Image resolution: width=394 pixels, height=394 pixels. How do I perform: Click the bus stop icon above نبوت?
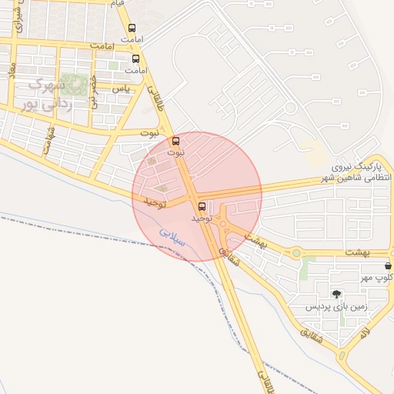tap(176, 142)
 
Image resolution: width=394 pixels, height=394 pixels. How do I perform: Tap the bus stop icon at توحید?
tap(202, 206)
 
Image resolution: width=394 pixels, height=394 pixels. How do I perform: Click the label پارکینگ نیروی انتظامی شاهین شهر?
tap(356, 172)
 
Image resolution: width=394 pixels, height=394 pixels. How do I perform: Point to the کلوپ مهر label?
tap(378, 278)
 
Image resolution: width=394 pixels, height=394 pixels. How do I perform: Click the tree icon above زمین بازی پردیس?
tap(336, 294)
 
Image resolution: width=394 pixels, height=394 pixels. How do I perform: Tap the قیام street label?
tap(117, 4)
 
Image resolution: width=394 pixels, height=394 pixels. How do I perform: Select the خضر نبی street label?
tap(93, 92)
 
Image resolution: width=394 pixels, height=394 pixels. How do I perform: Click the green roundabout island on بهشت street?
tap(295, 252)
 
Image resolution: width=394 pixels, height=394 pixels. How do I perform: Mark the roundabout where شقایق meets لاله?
tap(340, 355)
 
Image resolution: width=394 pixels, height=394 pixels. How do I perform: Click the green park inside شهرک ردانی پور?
tap(75, 83)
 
